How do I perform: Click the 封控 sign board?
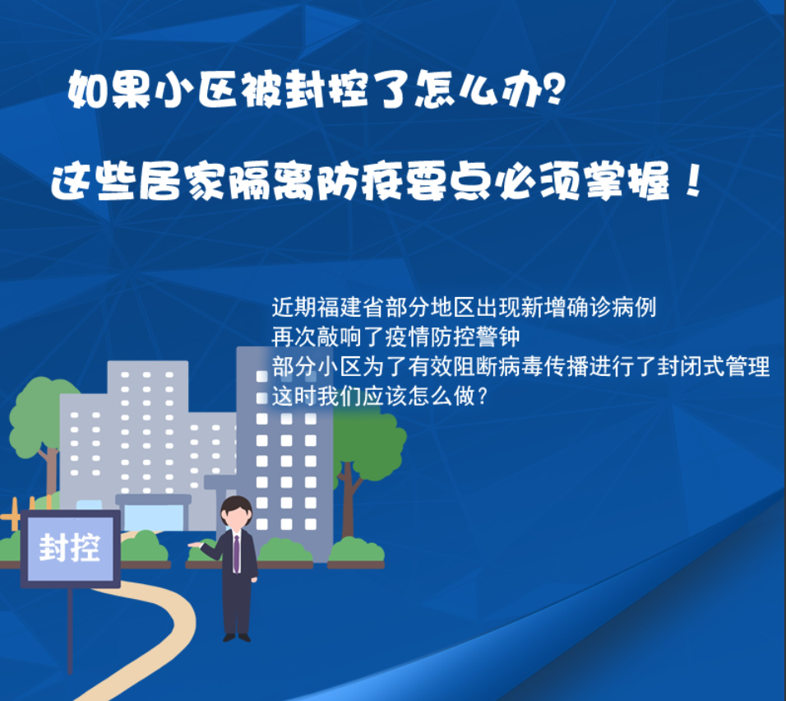[70, 549]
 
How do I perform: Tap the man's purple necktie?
[236, 554]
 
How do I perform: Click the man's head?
[237, 513]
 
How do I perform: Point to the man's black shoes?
[237, 638]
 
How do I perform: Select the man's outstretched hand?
[194, 545]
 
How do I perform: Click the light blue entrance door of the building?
[154, 518]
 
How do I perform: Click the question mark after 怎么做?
[483, 397]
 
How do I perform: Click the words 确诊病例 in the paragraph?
[611, 307]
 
